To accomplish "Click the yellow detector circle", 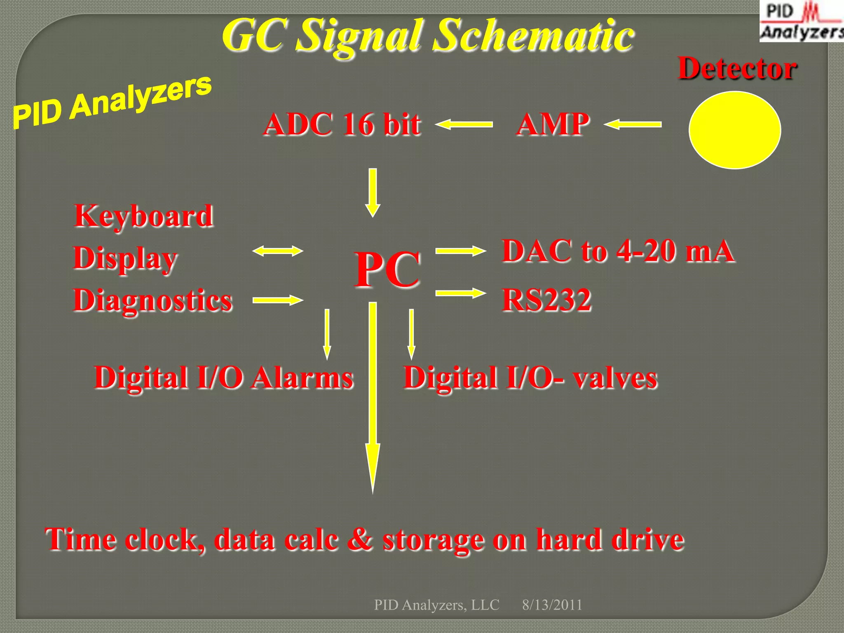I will [x=735, y=130].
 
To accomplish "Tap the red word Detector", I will [x=737, y=68].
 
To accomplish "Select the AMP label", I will [x=553, y=124].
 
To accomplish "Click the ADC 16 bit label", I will [x=342, y=124].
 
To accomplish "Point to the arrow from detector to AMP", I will [x=633, y=124].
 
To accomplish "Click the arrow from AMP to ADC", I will [x=464, y=124].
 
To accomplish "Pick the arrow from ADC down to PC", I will [x=373, y=192].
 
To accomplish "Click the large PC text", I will [x=387, y=270].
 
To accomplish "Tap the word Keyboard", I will [x=144, y=216].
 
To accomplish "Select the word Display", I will [x=125, y=258].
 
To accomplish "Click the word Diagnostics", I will [x=153, y=300].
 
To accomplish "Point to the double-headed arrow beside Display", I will [x=278, y=251].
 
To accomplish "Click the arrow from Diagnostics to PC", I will [x=278, y=300].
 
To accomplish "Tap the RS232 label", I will [x=547, y=300].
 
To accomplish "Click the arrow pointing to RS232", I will [x=460, y=293].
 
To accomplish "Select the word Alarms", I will [x=303, y=377].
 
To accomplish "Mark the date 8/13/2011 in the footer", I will [x=552, y=605].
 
